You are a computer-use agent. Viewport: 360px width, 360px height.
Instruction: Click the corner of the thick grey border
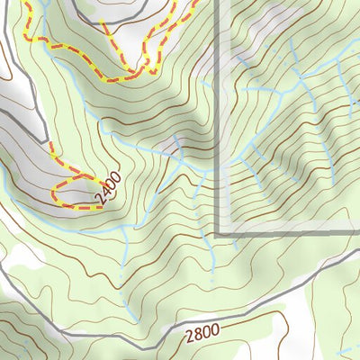pos(220,235)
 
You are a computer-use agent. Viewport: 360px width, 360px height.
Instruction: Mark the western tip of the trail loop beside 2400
pos(55,193)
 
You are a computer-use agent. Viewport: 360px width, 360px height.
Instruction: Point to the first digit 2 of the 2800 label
pos(189,339)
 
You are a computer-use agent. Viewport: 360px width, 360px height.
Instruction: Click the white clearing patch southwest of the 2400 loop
pos(22,256)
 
